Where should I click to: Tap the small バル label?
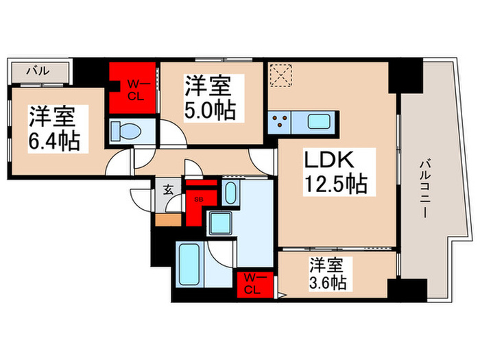click(37, 70)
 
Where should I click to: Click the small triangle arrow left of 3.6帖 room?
click(282, 297)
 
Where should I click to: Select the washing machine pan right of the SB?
click(230, 193)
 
